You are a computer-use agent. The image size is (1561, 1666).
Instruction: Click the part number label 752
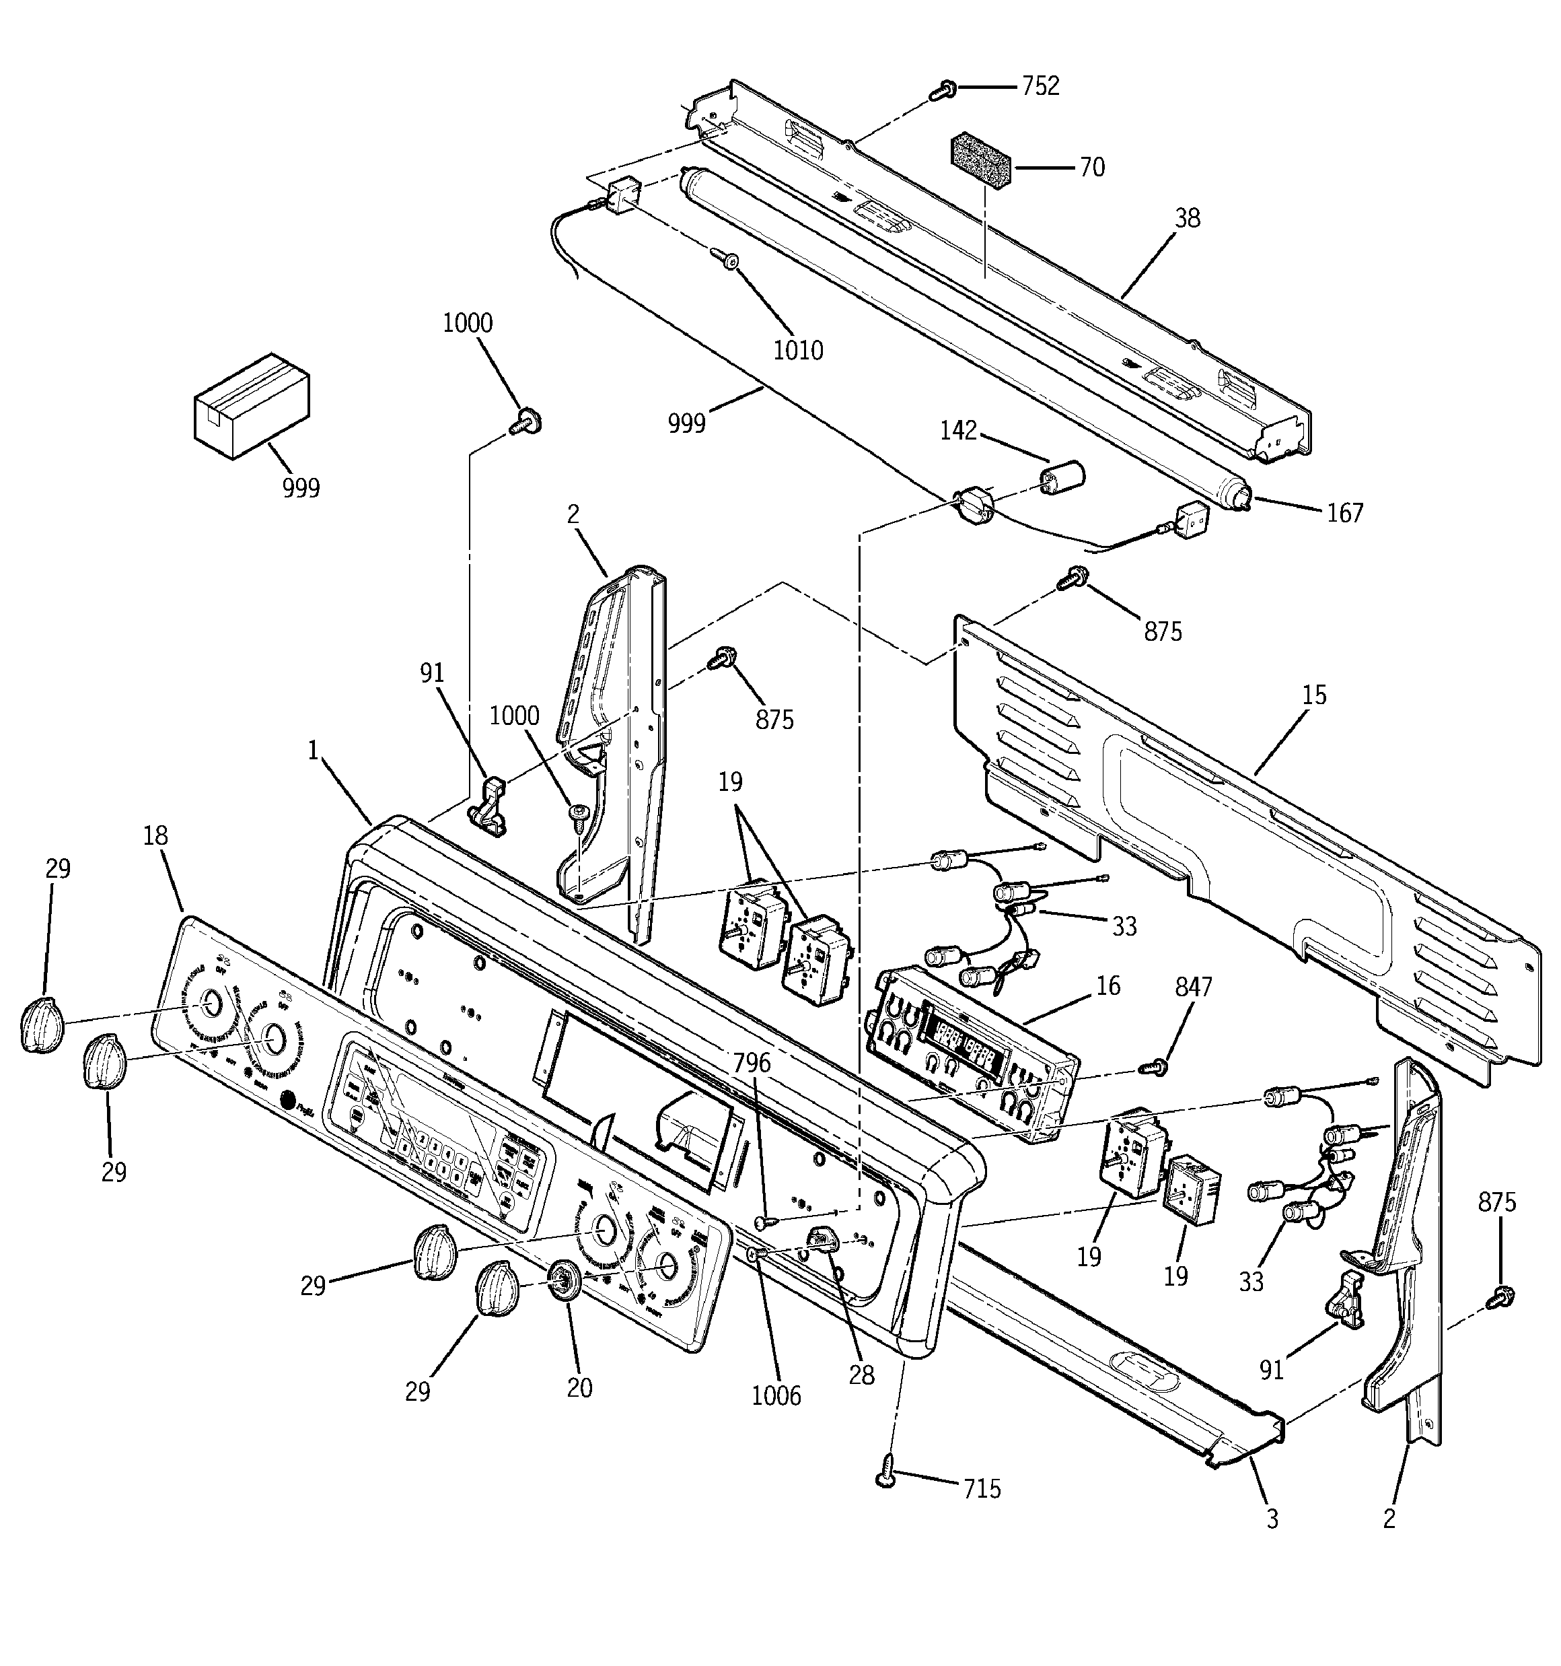click(x=1040, y=86)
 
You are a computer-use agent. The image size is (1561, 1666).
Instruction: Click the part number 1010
click(x=797, y=350)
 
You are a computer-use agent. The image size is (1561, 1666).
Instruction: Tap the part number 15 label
click(x=1314, y=695)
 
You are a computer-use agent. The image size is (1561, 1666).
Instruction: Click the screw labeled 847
click(x=1155, y=1068)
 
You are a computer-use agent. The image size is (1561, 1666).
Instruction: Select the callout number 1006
click(x=776, y=1395)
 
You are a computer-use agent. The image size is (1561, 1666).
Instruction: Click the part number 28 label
click(x=861, y=1375)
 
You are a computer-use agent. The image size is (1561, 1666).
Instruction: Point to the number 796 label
click(x=751, y=1063)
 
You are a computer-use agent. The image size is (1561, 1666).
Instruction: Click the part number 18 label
click(x=156, y=835)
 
